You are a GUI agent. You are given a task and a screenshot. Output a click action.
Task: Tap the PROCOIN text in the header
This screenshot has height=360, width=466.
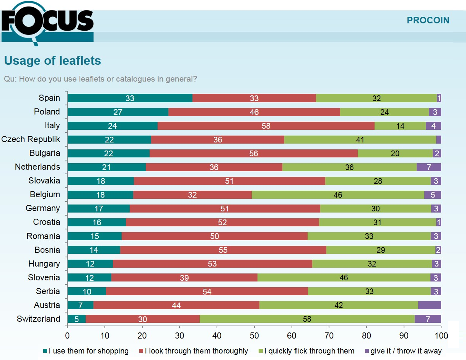coord(428,20)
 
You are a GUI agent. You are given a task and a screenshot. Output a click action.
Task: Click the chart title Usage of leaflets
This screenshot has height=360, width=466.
coord(52,61)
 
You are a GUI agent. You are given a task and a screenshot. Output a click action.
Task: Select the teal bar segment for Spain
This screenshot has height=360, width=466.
coord(130,98)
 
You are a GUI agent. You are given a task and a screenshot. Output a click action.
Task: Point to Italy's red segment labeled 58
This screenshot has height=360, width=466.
coord(266,126)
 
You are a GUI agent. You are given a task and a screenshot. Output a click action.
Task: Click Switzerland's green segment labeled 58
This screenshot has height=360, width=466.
coord(307,319)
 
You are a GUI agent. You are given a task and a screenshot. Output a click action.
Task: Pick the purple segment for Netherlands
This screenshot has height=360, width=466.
coord(429,167)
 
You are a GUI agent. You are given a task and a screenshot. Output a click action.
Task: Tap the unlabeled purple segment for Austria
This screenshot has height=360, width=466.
coord(429,305)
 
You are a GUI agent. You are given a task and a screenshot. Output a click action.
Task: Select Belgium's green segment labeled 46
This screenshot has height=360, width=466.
coord(337,195)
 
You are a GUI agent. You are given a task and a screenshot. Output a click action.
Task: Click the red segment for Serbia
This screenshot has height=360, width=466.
coord(207,291)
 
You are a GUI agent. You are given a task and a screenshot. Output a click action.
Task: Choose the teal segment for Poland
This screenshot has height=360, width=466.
coord(118,112)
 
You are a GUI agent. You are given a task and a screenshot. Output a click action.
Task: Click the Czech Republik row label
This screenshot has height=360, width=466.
coord(31,139)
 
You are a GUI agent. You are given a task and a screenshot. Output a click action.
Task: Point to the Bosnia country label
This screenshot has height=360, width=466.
coord(47,250)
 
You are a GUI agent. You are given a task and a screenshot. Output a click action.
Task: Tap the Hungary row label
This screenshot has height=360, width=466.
coord(44,263)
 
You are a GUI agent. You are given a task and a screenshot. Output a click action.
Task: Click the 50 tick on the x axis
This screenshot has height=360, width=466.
coord(254,335)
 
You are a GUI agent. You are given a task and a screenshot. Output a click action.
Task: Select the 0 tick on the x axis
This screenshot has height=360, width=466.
coord(68,335)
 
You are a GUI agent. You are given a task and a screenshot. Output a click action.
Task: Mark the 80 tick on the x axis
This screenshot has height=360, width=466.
coord(367,335)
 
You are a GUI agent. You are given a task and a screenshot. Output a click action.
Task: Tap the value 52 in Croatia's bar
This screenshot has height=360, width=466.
coord(222,222)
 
